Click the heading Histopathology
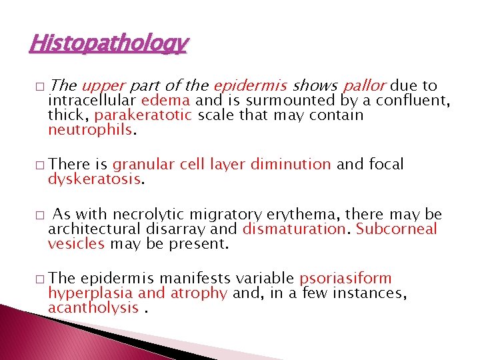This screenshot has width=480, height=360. click(109, 44)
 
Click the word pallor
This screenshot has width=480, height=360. click(365, 86)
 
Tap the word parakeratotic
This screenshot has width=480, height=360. click(143, 115)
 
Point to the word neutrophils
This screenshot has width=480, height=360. click(91, 129)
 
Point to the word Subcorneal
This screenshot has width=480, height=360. click(397, 229)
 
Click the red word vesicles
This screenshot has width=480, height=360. click(76, 243)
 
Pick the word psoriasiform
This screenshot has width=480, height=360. click(345, 279)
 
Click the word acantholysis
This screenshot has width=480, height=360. click(93, 307)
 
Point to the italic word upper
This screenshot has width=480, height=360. click(104, 86)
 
